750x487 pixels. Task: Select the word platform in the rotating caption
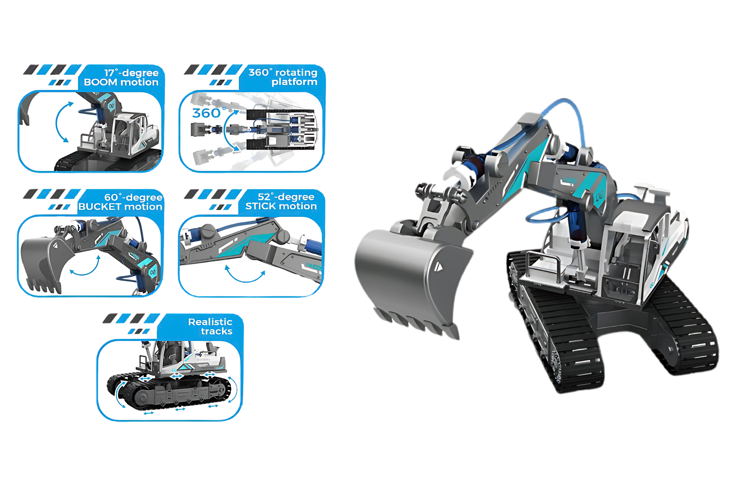coord(294,82)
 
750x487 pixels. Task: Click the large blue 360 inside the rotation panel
coord(207,113)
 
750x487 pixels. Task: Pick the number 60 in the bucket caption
coord(111,197)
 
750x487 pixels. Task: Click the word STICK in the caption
coord(260,206)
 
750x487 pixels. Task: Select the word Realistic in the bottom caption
coord(210,322)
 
